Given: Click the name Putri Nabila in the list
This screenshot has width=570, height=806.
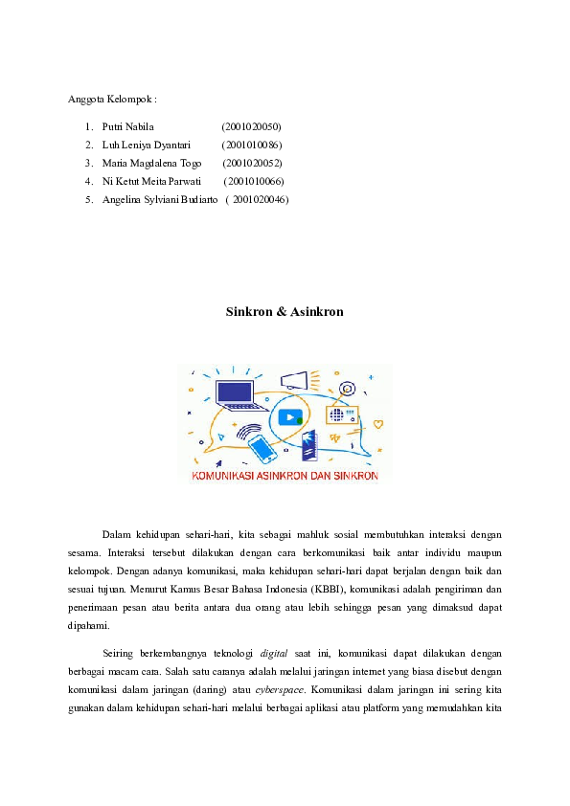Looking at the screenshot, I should point(121,126).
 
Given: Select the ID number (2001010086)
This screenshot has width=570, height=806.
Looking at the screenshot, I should point(251,145).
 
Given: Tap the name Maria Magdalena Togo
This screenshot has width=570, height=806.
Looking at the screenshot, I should point(151,163).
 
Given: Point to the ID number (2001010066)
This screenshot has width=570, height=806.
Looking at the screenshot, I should point(253,181).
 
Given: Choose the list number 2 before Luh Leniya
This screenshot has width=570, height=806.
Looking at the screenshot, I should point(88,145).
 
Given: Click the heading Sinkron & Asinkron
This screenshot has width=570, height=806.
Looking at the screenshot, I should point(285,312).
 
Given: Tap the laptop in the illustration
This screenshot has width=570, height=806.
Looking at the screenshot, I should point(235,393).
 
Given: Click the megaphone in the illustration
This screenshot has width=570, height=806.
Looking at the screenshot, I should point(294,381).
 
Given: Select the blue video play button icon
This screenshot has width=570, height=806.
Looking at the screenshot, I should point(290,417).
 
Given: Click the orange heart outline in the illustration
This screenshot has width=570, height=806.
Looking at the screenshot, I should point(378,423).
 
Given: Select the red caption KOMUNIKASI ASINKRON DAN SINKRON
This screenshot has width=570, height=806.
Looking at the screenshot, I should point(285,475).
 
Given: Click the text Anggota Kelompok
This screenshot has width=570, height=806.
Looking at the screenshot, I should point(111,99).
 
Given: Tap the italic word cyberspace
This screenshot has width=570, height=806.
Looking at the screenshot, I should point(277,689).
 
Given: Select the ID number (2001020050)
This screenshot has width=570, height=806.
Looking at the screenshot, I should point(251,126).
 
